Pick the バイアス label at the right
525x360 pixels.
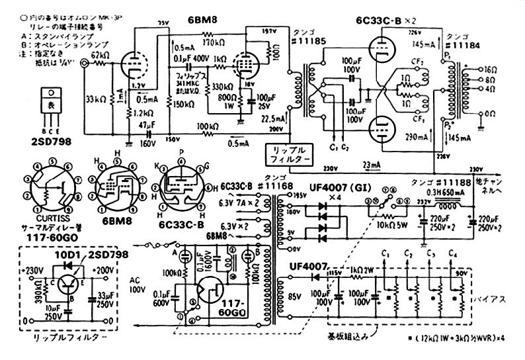490,298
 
